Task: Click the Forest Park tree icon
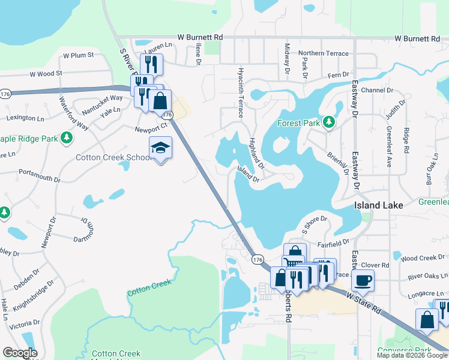pyautogui.click(x=329, y=123)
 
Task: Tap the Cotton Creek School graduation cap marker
pyautogui.click(x=161, y=148)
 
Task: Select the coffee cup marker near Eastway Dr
pyautogui.click(x=363, y=279)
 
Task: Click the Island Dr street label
pyautogui.click(x=248, y=175)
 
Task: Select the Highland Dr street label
pyautogui.click(x=257, y=154)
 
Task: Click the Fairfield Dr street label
pyautogui.click(x=334, y=242)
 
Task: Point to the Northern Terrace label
pyautogui.click(x=323, y=53)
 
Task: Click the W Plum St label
pyautogui.click(x=77, y=55)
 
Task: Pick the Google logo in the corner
pyautogui.click(x=20, y=353)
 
